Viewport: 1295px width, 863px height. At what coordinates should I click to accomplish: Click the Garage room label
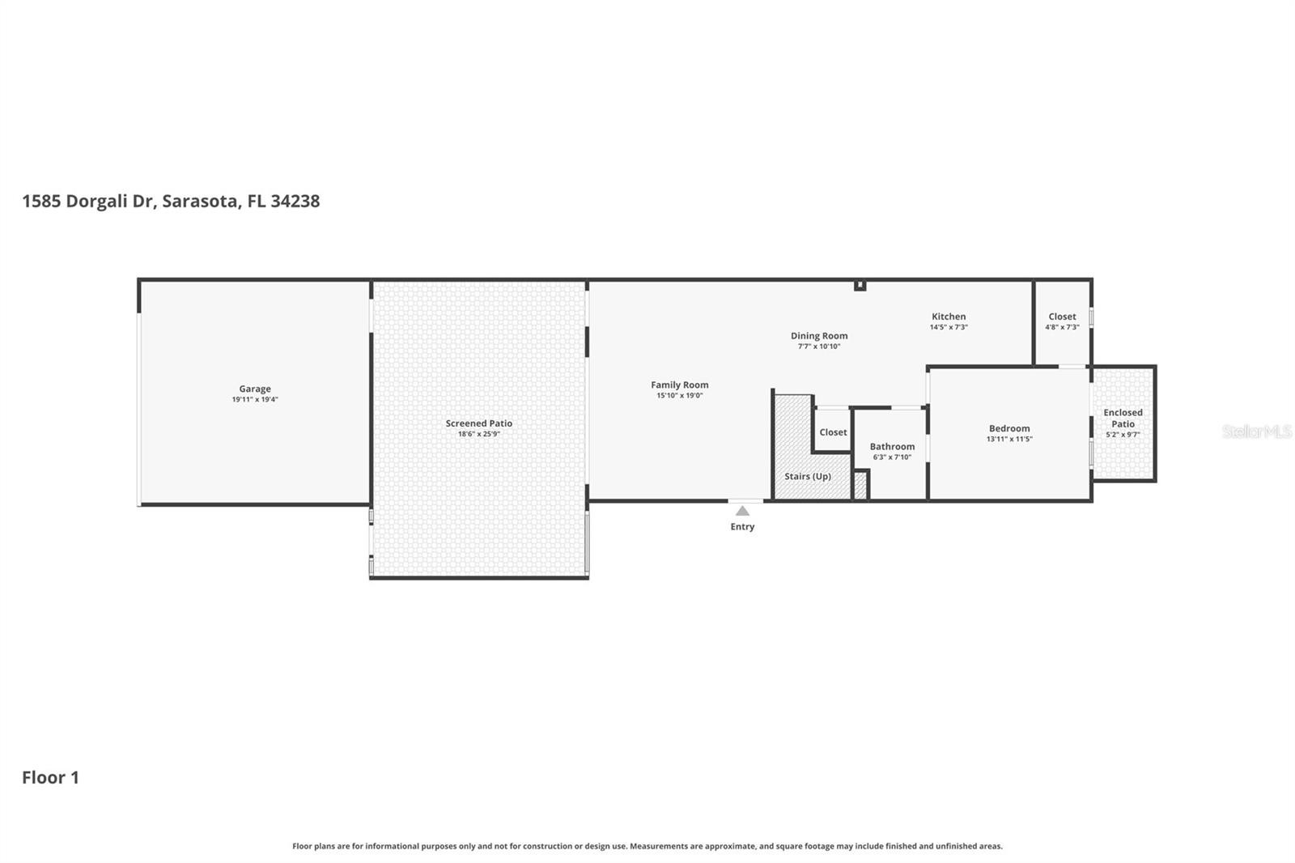pyautogui.click(x=255, y=389)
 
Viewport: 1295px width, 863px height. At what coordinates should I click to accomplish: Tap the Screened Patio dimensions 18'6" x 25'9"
pyautogui.click(x=478, y=434)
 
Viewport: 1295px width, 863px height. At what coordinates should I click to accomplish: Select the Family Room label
pyautogui.click(x=679, y=385)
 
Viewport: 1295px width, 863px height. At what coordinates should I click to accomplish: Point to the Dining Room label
pyautogui.click(x=819, y=335)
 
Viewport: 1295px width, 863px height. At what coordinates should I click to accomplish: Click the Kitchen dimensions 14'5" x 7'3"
pyautogui.click(x=949, y=327)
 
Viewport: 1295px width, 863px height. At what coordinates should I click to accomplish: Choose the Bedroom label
pyautogui.click(x=1009, y=428)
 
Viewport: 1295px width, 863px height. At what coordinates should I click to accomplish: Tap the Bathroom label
pyautogui.click(x=892, y=447)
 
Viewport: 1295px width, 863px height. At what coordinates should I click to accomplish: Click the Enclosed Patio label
pyautogui.click(x=1123, y=419)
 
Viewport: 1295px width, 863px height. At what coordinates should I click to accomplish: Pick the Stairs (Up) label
pyautogui.click(x=808, y=477)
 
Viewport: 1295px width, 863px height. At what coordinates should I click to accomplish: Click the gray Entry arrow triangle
pyautogui.click(x=742, y=511)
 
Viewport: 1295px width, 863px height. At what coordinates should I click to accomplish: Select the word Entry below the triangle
pyautogui.click(x=742, y=527)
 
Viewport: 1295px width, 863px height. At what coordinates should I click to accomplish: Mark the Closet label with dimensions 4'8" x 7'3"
pyautogui.click(x=1062, y=317)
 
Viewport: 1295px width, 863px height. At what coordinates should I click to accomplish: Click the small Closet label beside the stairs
pyautogui.click(x=833, y=432)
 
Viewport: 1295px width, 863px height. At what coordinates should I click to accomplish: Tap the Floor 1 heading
pyautogui.click(x=50, y=777)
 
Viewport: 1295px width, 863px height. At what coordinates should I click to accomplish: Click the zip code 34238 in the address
pyautogui.click(x=295, y=201)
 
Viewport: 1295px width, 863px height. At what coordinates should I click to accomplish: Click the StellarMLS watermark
pyautogui.click(x=1257, y=431)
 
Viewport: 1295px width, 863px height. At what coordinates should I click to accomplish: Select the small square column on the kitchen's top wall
pyautogui.click(x=860, y=285)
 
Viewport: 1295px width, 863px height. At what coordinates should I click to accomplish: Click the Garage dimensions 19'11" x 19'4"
pyautogui.click(x=255, y=400)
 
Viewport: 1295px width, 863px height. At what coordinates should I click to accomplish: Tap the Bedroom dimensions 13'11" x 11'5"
pyautogui.click(x=1009, y=439)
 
